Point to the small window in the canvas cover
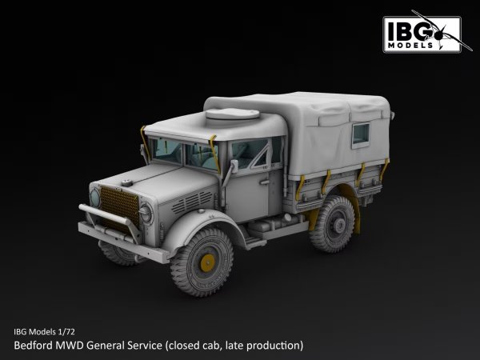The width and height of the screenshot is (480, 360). (362, 134)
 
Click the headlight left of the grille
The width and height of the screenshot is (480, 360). (94, 197)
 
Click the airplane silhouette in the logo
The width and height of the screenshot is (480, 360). (445, 30)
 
